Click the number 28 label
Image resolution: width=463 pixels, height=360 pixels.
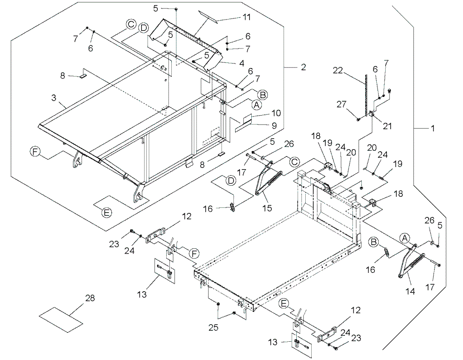point(90,298)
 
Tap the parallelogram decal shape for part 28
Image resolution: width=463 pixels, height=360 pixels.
point(61,320)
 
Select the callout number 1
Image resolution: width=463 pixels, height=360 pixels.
point(432,128)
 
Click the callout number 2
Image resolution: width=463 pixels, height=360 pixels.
point(303,67)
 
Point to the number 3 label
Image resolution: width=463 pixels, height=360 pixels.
point(54,97)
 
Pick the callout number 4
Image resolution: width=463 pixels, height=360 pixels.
point(242,63)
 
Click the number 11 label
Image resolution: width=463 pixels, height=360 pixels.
point(247,17)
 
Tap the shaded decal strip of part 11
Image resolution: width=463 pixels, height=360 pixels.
point(208,17)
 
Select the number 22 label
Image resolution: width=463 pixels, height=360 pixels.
point(338,71)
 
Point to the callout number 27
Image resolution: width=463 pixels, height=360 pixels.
point(341,104)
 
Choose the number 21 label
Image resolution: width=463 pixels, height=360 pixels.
point(387,126)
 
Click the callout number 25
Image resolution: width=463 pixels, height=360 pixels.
point(213,327)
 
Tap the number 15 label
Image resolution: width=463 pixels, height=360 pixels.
point(267,208)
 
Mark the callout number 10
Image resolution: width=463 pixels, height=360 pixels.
point(276,113)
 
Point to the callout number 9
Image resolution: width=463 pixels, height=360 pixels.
point(274,126)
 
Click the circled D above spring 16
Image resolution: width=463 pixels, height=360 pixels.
point(231,180)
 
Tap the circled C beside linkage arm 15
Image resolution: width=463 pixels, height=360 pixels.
point(294,162)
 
